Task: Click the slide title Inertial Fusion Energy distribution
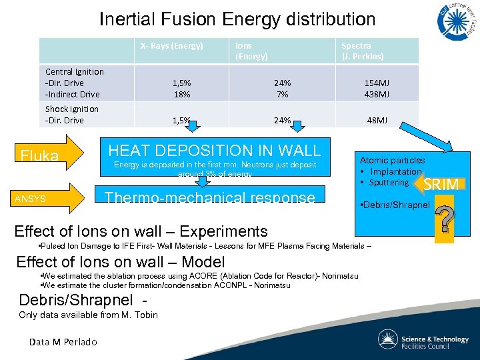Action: point(237,19)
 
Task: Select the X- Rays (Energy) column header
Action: point(171,46)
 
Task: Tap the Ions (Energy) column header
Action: point(251,51)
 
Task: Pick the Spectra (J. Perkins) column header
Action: point(362,51)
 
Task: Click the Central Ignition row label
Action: point(74,71)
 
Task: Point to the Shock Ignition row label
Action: point(71,109)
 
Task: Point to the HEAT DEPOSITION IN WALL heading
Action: point(214,151)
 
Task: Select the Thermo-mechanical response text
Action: point(210,197)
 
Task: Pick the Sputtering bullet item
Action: point(389,182)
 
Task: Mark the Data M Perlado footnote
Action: point(63,342)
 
